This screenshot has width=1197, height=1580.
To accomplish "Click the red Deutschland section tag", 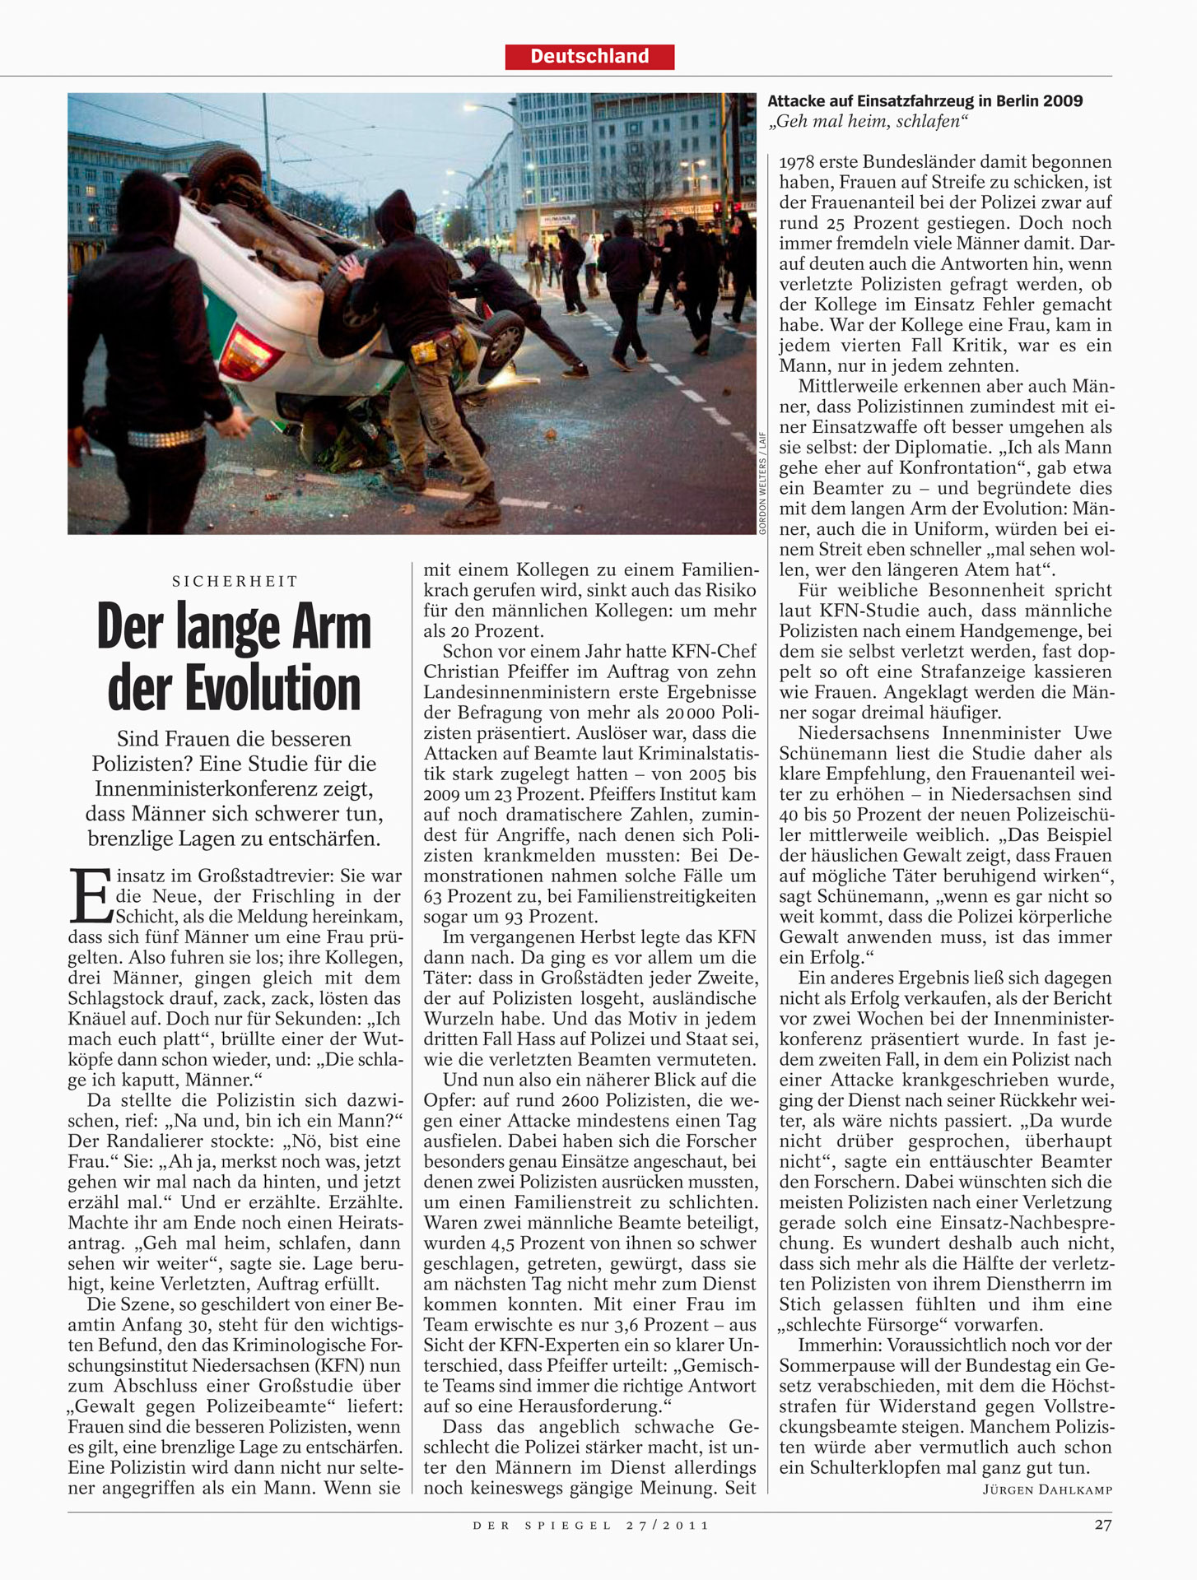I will pyautogui.click(x=589, y=57).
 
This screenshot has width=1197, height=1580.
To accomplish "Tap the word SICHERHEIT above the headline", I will pyautogui.click(x=235, y=581).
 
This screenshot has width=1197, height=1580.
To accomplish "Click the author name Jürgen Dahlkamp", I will pyautogui.click(x=1047, y=1489).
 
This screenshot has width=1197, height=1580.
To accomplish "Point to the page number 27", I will pyautogui.click(x=1102, y=1524).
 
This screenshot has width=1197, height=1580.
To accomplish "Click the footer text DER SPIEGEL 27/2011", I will pyautogui.click(x=590, y=1525).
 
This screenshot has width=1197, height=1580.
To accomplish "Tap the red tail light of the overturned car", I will pyautogui.click(x=248, y=351).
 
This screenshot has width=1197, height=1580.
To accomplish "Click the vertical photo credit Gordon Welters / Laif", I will pyautogui.click(x=762, y=483).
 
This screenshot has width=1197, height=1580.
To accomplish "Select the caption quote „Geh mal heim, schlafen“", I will pyautogui.click(x=867, y=122).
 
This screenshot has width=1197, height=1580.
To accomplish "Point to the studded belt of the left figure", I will pyautogui.click(x=165, y=437).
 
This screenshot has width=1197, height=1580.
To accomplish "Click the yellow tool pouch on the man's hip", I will pyautogui.click(x=426, y=351).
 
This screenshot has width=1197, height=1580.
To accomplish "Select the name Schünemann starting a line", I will pyautogui.click(x=833, y=753).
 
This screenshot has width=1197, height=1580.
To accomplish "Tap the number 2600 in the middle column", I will pyautogui.click(x=562, y=1100).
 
